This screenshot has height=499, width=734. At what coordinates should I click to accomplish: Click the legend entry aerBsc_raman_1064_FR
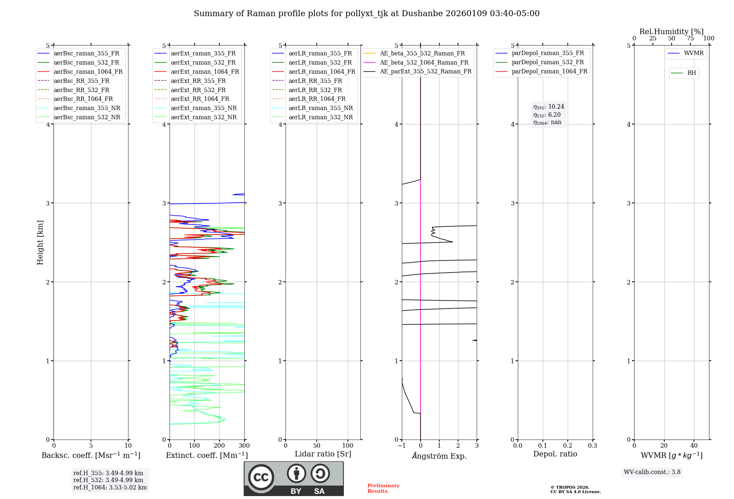(88, 72)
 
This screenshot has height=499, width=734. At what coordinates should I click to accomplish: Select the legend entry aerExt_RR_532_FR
(198, 90)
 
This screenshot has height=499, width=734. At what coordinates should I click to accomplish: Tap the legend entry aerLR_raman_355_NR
(320, 108)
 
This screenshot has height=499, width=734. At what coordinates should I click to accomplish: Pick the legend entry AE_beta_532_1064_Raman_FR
(424, 63)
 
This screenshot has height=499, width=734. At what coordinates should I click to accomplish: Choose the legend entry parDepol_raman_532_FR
(548, 62)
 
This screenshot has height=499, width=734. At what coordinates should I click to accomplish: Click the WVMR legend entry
(694, 53)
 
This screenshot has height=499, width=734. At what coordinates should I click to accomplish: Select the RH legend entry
(691, 73)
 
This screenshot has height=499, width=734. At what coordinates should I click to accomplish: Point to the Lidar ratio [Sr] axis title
(323, 454)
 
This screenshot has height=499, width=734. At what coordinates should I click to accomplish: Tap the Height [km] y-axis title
(40, 242)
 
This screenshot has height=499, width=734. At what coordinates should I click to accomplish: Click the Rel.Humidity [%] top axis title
(671, 32)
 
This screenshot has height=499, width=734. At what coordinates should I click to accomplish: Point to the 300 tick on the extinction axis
(244, 446)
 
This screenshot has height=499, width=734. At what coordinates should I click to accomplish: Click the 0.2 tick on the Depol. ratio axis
(568, 446)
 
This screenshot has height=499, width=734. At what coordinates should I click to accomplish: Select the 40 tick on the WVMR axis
(694, 446)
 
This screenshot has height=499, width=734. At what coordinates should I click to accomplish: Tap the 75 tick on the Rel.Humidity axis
(690, 39)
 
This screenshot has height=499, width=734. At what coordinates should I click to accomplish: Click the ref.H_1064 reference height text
(110, 488)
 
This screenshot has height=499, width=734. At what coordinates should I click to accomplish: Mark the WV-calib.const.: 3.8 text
(652, 472)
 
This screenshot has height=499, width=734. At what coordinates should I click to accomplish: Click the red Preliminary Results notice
(383, 488)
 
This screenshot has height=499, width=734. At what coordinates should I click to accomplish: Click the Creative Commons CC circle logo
(261, 477)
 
